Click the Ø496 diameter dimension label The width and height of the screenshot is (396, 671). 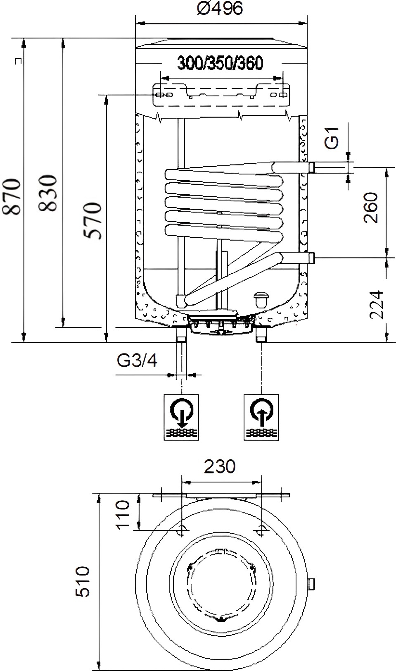pyautogui.click(x=220, y=8)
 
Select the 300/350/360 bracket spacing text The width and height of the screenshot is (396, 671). pyautogui.click(x=221, y=63)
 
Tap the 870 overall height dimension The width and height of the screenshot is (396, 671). pyautogui.click(x=12, y=196)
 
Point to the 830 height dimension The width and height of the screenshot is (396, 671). pyautogui.click(x=48, y=193)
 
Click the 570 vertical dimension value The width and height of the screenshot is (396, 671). pyautogui.click(x=93, y=220)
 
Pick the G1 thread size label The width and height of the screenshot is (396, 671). pyautogui.click(x=332, y=138)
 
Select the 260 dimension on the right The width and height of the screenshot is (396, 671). pyautogui.click(x=370, y=208)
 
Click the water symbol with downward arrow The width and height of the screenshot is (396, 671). pyautogui.click(x=181, y=417)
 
